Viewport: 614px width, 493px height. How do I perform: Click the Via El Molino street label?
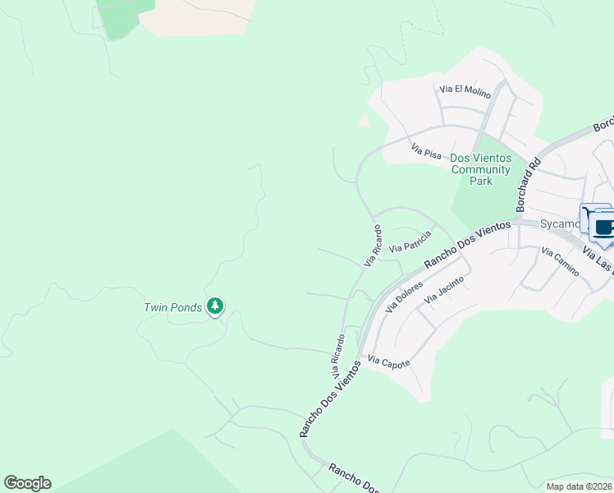click(x=465, y=89)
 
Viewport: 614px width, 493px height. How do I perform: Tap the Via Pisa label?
click(x=427, y=152)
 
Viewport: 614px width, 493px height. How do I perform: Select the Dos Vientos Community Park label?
click(x=481, y=168)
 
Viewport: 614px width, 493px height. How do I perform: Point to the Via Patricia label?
click(x=410, y=242)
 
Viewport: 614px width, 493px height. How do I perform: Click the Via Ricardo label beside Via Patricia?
click(x=373, y=245)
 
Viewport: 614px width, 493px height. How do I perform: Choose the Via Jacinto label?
click(x=444, y=291)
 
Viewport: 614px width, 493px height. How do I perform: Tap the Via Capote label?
click(x=388, y=362)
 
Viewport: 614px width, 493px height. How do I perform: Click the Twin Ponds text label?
click(x=172, y=307)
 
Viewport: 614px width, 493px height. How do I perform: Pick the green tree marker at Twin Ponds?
click(x=215, y=306)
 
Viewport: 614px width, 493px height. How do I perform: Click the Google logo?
click(x=27, y=483)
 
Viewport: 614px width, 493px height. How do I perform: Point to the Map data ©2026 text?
click(x=578, y=486)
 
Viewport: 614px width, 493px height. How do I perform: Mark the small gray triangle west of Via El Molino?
click(x=364, y=121)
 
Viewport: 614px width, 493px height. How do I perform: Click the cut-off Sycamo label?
click(x=558, y=223)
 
